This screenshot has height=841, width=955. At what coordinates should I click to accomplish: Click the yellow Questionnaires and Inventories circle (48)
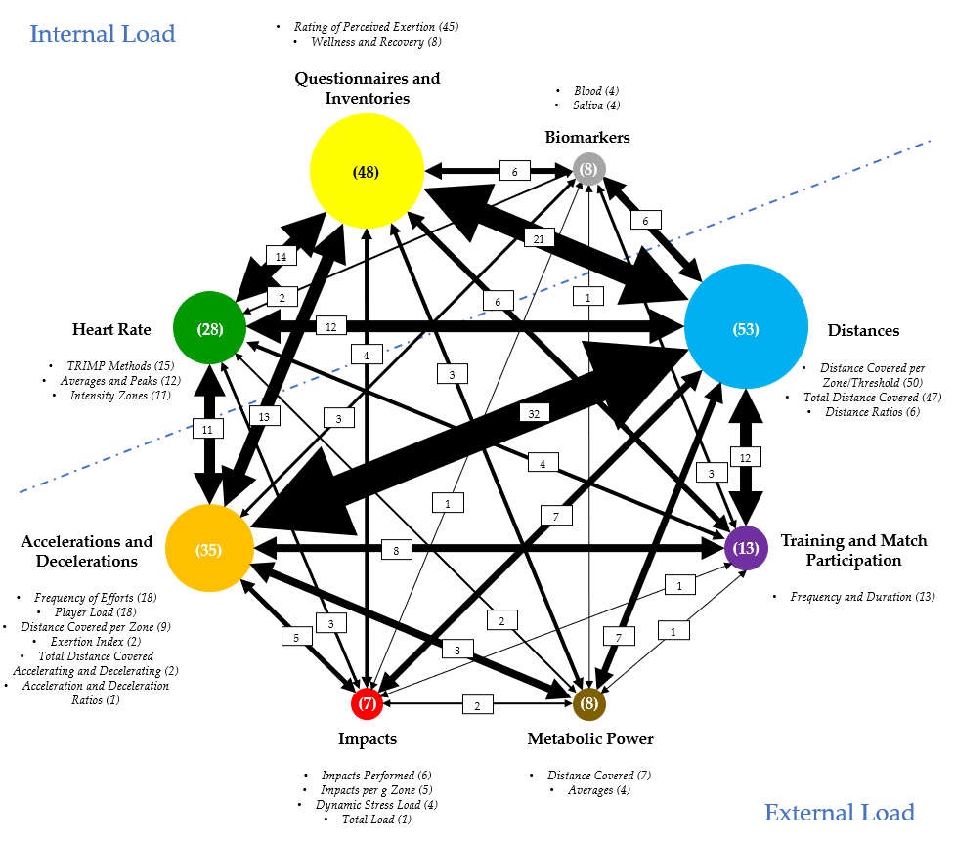point(366,172)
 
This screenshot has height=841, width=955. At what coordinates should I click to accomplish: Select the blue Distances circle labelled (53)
point(746,329)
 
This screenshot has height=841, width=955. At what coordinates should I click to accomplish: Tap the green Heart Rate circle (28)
point(208,329)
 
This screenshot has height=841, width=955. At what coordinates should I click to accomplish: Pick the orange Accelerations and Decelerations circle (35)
point(209,550)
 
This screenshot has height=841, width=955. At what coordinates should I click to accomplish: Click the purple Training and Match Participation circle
point(746,549)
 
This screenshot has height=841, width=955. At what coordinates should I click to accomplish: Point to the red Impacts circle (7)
point(367,703)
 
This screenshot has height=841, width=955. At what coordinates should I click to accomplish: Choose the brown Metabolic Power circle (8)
point(588,703)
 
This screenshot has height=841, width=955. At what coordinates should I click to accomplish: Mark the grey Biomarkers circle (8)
point(588,170)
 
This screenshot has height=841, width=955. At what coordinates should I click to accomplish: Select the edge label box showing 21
point(539,238)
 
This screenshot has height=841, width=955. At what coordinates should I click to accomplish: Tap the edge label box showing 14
point(281,257)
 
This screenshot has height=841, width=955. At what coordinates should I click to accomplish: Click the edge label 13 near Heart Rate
point(264,417)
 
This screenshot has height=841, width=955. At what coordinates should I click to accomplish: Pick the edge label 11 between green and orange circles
point(207,428)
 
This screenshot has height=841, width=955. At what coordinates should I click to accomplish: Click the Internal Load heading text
point(103,34)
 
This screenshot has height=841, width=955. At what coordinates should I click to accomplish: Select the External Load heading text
point(839,812)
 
